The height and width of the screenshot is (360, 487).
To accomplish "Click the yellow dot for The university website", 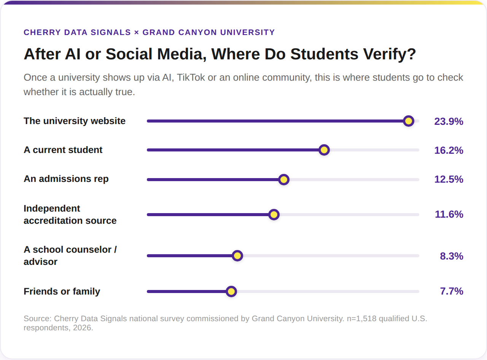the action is pyautogui.click(x=408, y=121).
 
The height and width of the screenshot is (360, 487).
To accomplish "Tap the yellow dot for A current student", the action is pyautogui.click(x=324, y=150).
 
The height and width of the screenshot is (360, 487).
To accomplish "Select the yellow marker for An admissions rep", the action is pyautogui.click(x=284, y=180).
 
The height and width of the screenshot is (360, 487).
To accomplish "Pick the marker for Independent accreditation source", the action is pyautogui.click(x=274, y=215).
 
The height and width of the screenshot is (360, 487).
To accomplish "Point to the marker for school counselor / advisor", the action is pyautogui.click(x=237, y=256).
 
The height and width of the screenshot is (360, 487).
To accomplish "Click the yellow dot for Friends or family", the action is pyautogui.click(x=231, y=292).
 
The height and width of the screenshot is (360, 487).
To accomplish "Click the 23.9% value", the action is pyautogui.click(x=449, y=121).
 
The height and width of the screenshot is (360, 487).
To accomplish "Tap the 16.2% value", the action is pyautogui.click(x=449, y=150).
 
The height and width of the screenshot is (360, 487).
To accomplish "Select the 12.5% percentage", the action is pyautogui.click(x=449, y=180).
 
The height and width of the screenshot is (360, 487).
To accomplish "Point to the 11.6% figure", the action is pyautogui.click(x=449, y=214).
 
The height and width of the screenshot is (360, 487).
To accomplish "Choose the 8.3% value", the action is pyautogui.click(x=452, y=256).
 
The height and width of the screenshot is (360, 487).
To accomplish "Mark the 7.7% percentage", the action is pyautogui.click(x=452, y=291).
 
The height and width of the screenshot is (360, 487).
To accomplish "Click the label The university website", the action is pyautogui.click(x=75, y=121).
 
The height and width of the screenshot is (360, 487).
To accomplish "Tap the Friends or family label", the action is pyautogui.click(x=62, y=292).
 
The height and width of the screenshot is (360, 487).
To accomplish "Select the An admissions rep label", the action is pyautogui.click(x=66, y=179).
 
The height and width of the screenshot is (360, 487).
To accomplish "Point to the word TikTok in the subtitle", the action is pyautogui.click(x=191, y=78).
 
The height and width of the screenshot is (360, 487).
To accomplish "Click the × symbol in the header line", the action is pyautogui.click(x=137, y=32).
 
